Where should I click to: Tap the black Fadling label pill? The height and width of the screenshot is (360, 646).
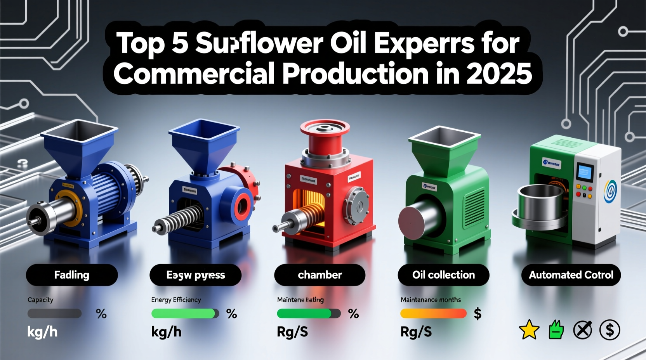[x=72, y=275]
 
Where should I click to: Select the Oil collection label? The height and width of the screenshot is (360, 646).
[x=443, y=275]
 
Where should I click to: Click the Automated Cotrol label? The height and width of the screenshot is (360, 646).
[x=571, y=275]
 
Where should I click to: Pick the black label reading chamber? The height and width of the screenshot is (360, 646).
[x=320, y=275]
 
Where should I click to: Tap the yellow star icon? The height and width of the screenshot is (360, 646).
[x=529, y=331]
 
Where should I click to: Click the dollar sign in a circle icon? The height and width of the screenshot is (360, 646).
[x=610, y=330]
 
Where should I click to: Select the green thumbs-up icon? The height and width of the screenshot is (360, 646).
[x=556, y=330]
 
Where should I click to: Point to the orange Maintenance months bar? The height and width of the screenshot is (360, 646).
[x=433, y=313]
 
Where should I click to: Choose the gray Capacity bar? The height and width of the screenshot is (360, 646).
[x=54, y=313]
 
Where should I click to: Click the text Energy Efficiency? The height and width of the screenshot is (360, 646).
[x=176, y=299]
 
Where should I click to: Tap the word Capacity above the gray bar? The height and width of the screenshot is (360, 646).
[x=40, y=299]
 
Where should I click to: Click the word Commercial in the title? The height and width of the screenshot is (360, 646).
[x=194, y=73]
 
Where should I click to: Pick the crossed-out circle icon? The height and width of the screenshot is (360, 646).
[x=583, y=330]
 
